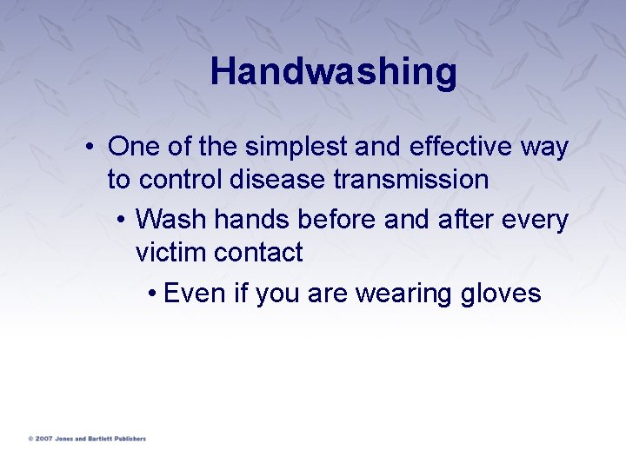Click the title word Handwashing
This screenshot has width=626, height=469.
pyautogui.click(x=333, y=72)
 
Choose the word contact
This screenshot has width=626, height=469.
pyautogui.click(x=258, y=253)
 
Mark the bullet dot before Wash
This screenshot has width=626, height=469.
pyautogui.click(x=120, y=221)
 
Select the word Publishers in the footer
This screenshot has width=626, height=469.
pyautogui.click(x=127, y=439)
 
